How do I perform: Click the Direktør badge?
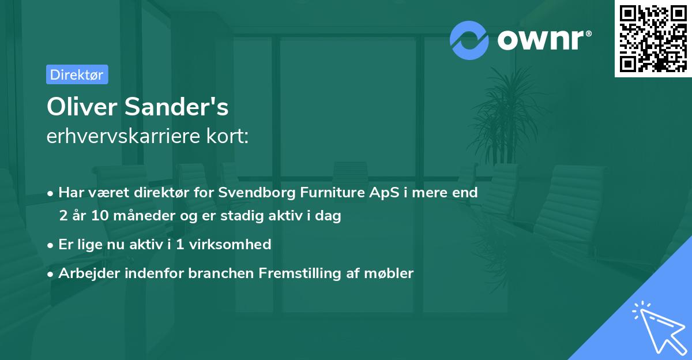(77, 74)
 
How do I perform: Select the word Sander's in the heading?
(176, 107)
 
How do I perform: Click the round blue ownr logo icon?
(469, 40)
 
